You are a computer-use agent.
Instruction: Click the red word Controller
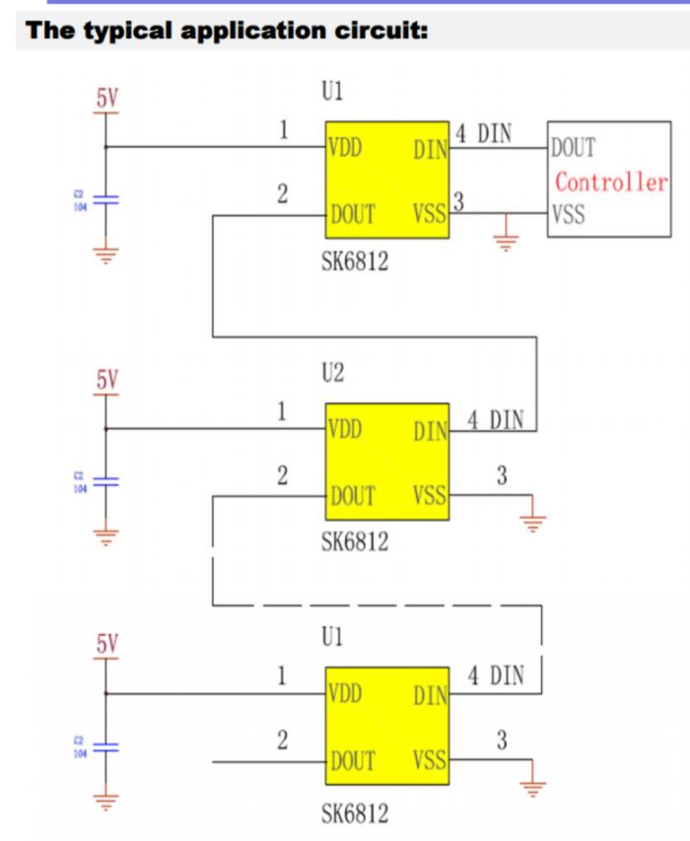(x=611, y=182)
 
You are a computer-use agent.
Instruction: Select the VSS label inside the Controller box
(x=569, y=214)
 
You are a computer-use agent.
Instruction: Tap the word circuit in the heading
(x=379, y=31)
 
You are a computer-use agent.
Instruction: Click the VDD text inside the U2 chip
(x=345, y=430)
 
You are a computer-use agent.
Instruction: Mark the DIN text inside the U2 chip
(x=431, y=431)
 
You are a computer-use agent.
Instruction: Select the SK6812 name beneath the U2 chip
(x=355, y=541)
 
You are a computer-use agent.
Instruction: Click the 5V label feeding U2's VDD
(x=106, y=379)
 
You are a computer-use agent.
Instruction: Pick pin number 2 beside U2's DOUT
(x=282, y=476)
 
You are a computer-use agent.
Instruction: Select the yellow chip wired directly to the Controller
(x=387, y=179)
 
